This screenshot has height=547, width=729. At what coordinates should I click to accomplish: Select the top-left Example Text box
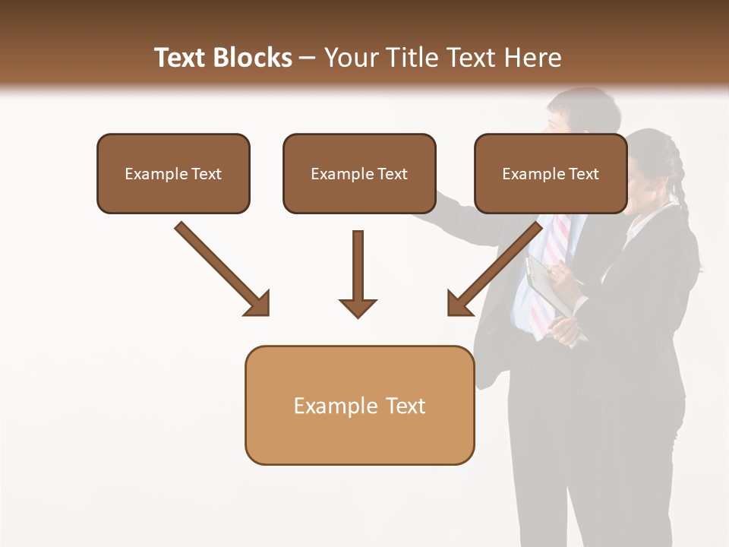pos(173,174)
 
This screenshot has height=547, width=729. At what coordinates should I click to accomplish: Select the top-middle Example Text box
pos(359,174)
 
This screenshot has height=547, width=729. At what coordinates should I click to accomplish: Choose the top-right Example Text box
pos(551,174)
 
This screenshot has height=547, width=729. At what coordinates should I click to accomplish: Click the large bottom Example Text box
pos(359,406)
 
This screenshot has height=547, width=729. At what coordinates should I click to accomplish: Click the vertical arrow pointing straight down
pos(358,273)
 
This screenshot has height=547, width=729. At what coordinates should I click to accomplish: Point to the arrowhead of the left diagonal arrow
pos(258,304)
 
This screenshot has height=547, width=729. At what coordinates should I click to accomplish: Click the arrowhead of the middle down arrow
pos(358,308)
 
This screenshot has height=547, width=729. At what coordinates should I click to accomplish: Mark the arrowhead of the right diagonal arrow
pos(459,304)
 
